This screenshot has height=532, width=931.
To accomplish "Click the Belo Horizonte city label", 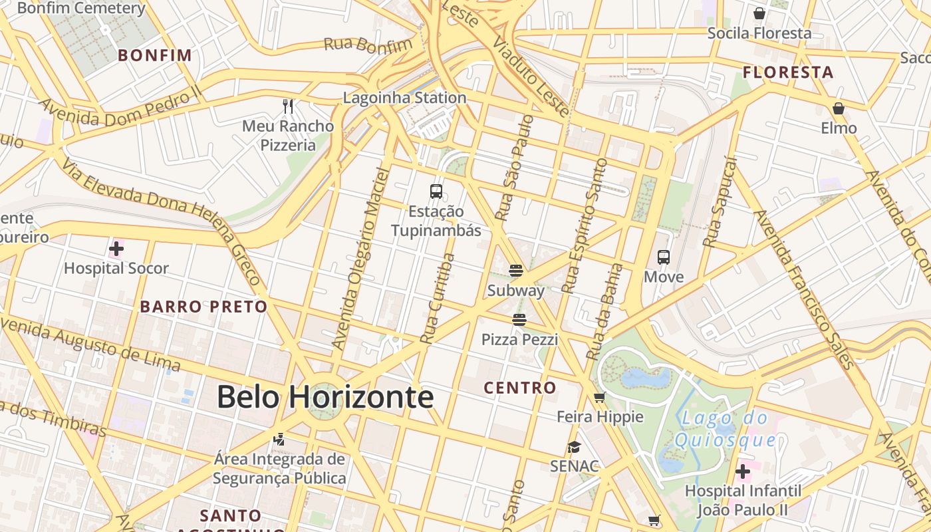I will pos(325,397).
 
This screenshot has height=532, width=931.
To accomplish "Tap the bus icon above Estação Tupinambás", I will pos(436,192).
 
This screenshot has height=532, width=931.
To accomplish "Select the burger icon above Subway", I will pos(516,270).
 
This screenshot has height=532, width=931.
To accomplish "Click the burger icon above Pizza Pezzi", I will pos(519,320).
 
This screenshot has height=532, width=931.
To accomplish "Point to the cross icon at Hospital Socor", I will pos(116,249).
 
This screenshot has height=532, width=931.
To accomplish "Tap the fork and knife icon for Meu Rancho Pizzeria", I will pos(288,106).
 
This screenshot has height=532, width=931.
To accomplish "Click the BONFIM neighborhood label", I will pos(155,55).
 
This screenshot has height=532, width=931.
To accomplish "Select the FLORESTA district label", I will pos(788,72).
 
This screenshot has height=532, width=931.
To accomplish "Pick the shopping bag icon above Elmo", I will pos(839,108).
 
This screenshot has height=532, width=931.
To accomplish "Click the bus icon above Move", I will pos(663,257).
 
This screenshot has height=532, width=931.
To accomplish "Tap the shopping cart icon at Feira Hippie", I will pos(600,398).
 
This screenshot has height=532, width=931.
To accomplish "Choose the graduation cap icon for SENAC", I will pos(575,447).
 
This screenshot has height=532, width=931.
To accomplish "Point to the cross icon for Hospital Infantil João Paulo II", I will pos(743,471).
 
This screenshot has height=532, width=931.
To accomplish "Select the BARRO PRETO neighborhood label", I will pos(203,307).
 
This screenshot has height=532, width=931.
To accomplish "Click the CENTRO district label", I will pos(520,388).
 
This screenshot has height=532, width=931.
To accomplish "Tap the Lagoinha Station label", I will pos(404,98).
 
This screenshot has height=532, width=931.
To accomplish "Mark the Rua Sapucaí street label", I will pos(721,203).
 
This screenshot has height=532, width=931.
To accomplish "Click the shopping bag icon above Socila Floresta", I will pos(759,13).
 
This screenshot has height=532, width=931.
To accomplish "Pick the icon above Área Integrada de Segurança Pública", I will pos(279,439).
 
